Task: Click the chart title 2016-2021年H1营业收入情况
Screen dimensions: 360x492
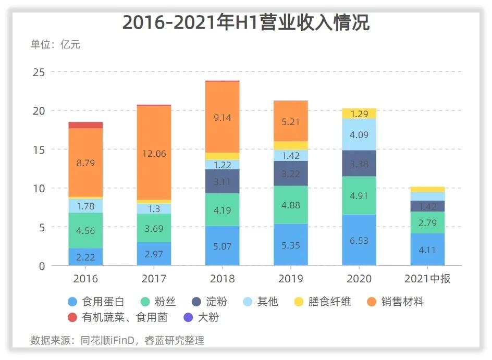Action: [x=246, y=23]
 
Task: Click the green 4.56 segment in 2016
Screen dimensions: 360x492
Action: [x=85, y=230]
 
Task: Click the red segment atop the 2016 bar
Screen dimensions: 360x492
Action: [x=85, y=125]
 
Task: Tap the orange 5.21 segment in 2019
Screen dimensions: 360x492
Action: [x=290, y=121]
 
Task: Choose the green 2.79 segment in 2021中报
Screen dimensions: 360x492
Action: [x=427, y=222]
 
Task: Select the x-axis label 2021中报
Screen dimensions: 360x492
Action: [x=427, y=279]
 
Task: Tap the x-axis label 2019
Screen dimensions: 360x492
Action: [x=290, y=279]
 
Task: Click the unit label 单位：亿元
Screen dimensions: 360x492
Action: [x=55, y=44]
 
